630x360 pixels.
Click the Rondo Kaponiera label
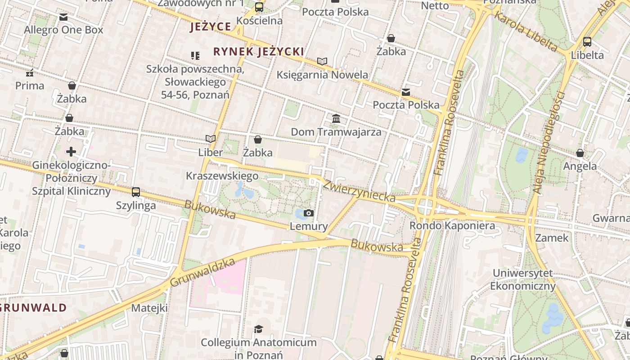[x=452, y=225]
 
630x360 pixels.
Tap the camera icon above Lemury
[x=309, y=213]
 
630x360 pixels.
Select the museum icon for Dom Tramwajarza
[x=336, y=119]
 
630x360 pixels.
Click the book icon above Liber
[x=210, y=139]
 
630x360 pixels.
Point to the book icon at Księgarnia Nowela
[x=322, y=61]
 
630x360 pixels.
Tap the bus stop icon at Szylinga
[x=136, y=192]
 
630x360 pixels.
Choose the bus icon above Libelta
[x=587, y=42]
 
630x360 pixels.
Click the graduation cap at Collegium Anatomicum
[x=258, y=329]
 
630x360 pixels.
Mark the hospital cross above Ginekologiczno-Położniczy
[x=71, y=152]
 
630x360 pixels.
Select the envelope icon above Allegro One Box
[x=63, y=17]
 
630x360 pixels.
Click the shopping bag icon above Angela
[x=580, y=153]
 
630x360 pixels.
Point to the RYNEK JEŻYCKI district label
[x=259, y=52]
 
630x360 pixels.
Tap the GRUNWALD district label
[x=33, y=308]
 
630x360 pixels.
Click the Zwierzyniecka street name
[x=359, y=191]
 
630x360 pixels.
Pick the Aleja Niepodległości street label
[x=549, y=143]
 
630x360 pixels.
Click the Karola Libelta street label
[x=526, y=31]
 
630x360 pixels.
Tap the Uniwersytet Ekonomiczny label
[x=523, y=279]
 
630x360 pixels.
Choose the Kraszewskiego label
[x=222, y=176]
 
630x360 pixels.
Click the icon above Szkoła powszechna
[x=195, y=56]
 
